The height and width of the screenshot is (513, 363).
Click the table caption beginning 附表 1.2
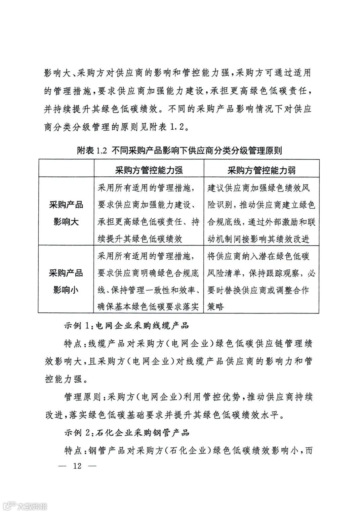click(x=179, y=151)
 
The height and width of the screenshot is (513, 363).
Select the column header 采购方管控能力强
click(x=149, y=170)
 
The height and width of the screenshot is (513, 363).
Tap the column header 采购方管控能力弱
click(x=261, y=170)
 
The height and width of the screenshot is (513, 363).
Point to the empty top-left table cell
click(x=66, y=168)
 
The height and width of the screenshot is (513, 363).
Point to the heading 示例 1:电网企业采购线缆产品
click(x=127, y=325)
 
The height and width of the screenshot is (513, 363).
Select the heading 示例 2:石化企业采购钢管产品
click(x=127, y=433)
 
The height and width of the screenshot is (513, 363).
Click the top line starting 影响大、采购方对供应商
click(x=178, y=73)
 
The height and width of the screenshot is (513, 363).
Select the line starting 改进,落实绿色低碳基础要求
click(x=165, y=415)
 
